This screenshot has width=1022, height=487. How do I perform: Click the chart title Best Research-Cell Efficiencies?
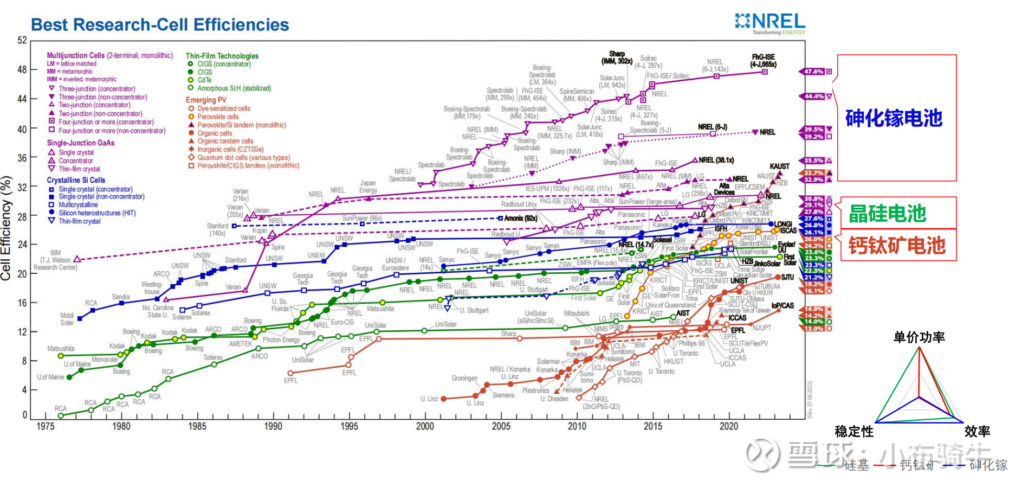(160, 25)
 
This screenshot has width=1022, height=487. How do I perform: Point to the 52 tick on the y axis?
(22, 40)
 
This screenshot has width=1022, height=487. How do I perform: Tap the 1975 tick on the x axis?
(46, 426)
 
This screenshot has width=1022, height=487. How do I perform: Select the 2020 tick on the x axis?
(729, 426)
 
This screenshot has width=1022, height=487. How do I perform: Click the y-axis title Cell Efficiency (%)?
(7, 228)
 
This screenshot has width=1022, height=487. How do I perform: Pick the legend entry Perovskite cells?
(218, 117)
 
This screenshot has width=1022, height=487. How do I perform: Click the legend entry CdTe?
(204, 80)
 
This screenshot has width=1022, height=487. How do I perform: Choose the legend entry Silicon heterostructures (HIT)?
(97, 213)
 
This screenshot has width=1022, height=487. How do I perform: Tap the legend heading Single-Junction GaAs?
(81, 143)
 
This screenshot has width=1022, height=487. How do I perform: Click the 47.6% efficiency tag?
(814, 72)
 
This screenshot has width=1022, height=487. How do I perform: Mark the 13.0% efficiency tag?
(814, 329)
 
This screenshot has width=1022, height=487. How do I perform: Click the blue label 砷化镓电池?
(894, 118)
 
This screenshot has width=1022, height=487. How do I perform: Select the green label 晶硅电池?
(887, 214)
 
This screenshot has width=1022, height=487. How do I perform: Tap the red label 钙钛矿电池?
(897, 246)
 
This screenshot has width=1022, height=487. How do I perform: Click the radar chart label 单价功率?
(919, 337)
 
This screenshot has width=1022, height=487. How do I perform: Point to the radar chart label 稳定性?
(854, 432)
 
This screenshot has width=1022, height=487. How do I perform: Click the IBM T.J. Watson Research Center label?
(55, 260)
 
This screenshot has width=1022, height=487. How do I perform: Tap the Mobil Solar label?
(67, 319)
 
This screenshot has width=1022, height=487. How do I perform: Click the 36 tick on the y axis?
(22, 158)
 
